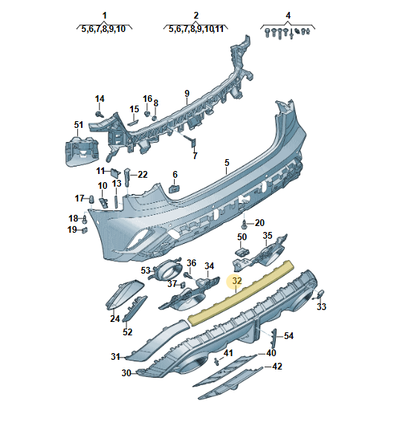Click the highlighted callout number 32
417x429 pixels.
click(237, 281)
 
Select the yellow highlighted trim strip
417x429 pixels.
click(241, 293)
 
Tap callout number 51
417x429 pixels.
click(79, 125)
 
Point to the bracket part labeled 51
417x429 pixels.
click(82, 151)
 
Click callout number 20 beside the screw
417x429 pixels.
click(259, 223)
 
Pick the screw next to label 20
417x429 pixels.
click(244, 225)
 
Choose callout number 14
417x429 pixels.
click(100, 99)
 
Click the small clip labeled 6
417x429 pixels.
click(174, 189)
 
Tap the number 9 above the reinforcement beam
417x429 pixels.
click(187, 94)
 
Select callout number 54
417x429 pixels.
click(288, 336)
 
